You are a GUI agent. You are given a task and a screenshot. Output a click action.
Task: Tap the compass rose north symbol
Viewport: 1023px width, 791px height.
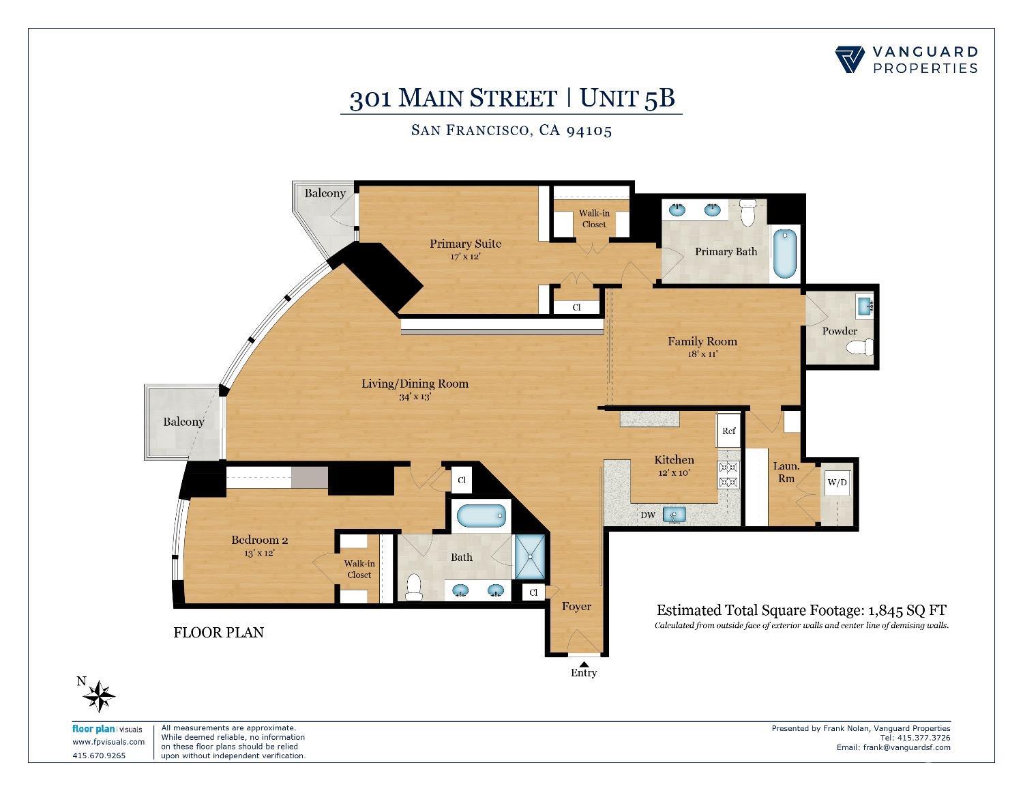99,697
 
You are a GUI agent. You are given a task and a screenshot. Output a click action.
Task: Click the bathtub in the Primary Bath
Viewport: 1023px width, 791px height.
786,254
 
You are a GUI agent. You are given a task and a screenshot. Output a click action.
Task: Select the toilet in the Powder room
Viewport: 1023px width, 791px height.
860,349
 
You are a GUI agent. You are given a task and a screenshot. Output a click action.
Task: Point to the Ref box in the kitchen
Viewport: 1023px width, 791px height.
728,431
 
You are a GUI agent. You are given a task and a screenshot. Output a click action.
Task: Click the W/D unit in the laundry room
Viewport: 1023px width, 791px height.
837,483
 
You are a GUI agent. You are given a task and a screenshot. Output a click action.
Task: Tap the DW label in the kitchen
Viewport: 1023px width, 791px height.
647,515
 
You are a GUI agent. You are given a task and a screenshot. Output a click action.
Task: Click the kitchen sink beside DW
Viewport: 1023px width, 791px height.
674,515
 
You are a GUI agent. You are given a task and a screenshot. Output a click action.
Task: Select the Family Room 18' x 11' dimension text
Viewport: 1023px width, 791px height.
702,354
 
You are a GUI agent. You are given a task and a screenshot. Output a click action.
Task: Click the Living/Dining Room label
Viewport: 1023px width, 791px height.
415,384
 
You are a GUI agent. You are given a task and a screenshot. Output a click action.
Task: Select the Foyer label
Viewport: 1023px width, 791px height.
576,606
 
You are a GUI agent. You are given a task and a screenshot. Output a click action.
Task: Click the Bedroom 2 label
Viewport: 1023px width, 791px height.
259,540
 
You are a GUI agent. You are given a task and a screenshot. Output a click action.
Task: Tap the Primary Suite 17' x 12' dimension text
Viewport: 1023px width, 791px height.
465,257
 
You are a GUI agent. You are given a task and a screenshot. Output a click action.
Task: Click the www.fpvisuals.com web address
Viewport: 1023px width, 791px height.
108,742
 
